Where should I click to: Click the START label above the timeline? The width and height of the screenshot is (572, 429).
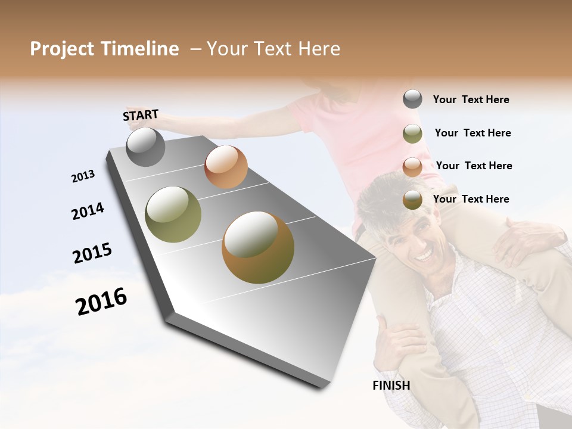[x=141, y=115]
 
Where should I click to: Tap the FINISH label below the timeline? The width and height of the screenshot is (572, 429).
[x=391, y=386]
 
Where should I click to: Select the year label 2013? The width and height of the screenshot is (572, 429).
[x=83, y=176]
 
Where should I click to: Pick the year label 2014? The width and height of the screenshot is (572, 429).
[x=88, y=211]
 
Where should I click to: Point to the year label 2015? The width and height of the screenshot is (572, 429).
[x=92, y=253]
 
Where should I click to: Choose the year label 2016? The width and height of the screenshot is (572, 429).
[x=101, y=301]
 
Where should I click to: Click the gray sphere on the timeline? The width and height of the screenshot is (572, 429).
[x=145, y=147]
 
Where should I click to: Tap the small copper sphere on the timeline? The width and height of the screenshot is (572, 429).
[x=226, y=167]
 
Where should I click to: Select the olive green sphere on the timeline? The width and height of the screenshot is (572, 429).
[x=173, y=214]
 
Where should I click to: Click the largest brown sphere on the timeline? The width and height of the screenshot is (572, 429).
[x=257, y=247]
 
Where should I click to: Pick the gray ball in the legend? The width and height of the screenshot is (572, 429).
[x=412, y=100]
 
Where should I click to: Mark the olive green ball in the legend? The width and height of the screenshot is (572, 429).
[x=412, y=133]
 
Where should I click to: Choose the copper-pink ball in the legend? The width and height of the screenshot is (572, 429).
[x=412, y=166]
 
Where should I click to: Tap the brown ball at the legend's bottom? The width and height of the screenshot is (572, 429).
[x=412, y=200]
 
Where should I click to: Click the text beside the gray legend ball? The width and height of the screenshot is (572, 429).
[x=471, y=100]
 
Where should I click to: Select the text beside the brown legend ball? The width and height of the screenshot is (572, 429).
[x=471, y=199]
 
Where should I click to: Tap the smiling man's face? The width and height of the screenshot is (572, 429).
[x=412, y=242]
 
